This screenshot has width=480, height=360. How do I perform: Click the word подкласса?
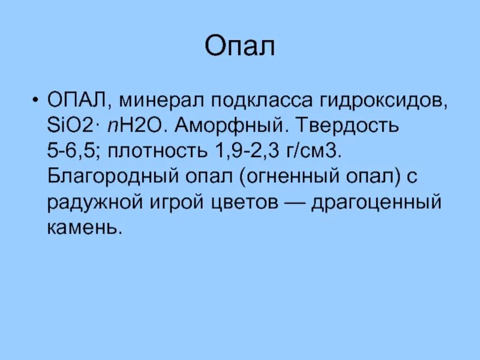pyautogui.click(x=266, y=101)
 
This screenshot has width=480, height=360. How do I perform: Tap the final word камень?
pyautogui.click(x=85, y=228)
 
